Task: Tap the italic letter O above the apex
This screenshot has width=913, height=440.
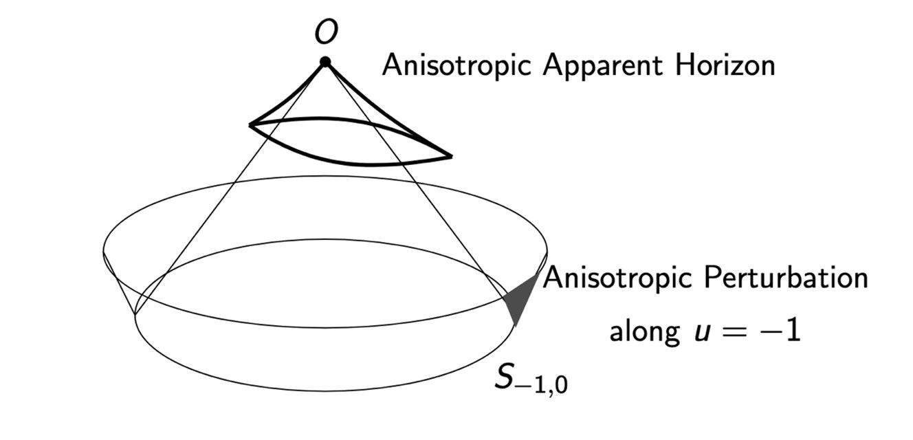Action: pos(326,32)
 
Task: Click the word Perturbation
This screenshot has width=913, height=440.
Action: pos(786,278)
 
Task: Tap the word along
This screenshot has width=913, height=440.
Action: pos(644,332)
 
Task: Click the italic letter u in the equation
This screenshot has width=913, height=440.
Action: pos(702,335)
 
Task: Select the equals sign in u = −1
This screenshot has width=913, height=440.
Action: pos(737,333)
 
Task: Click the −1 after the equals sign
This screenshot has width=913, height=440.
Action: pos(781,331)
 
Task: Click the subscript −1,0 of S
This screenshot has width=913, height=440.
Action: pos(541,386)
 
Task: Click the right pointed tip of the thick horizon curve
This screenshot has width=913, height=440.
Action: pos(452,156)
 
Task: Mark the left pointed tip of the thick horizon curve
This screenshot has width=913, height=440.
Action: pos(250,124)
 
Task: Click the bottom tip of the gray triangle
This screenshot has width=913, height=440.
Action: pos(516,326)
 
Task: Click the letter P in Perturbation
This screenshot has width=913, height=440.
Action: pos(713,278)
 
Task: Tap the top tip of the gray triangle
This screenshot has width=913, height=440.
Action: pos(538,274)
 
